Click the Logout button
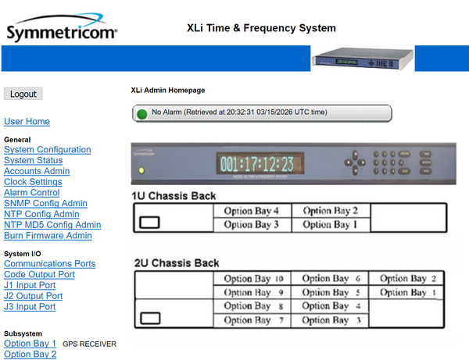coord(23,94)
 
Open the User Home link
coord(27,122)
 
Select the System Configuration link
coord(47,150)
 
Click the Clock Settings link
coord(33,182)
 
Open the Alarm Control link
coord(32,193)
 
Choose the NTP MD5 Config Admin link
coord(52,225)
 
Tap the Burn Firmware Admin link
coord(48,235)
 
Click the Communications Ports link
coord(49,264)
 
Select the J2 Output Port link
coord(34,296)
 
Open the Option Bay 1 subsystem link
coord(30,344)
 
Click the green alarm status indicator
coord(141,113)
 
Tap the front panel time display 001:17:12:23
coord(256,164)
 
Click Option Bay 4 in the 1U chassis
coord(252,210)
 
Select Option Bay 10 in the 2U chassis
coord(252,279)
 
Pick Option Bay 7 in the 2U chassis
coord(252,320)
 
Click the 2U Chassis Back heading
coord(176,263)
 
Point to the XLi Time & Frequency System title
coord(261,28)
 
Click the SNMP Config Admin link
coord(45,204)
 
